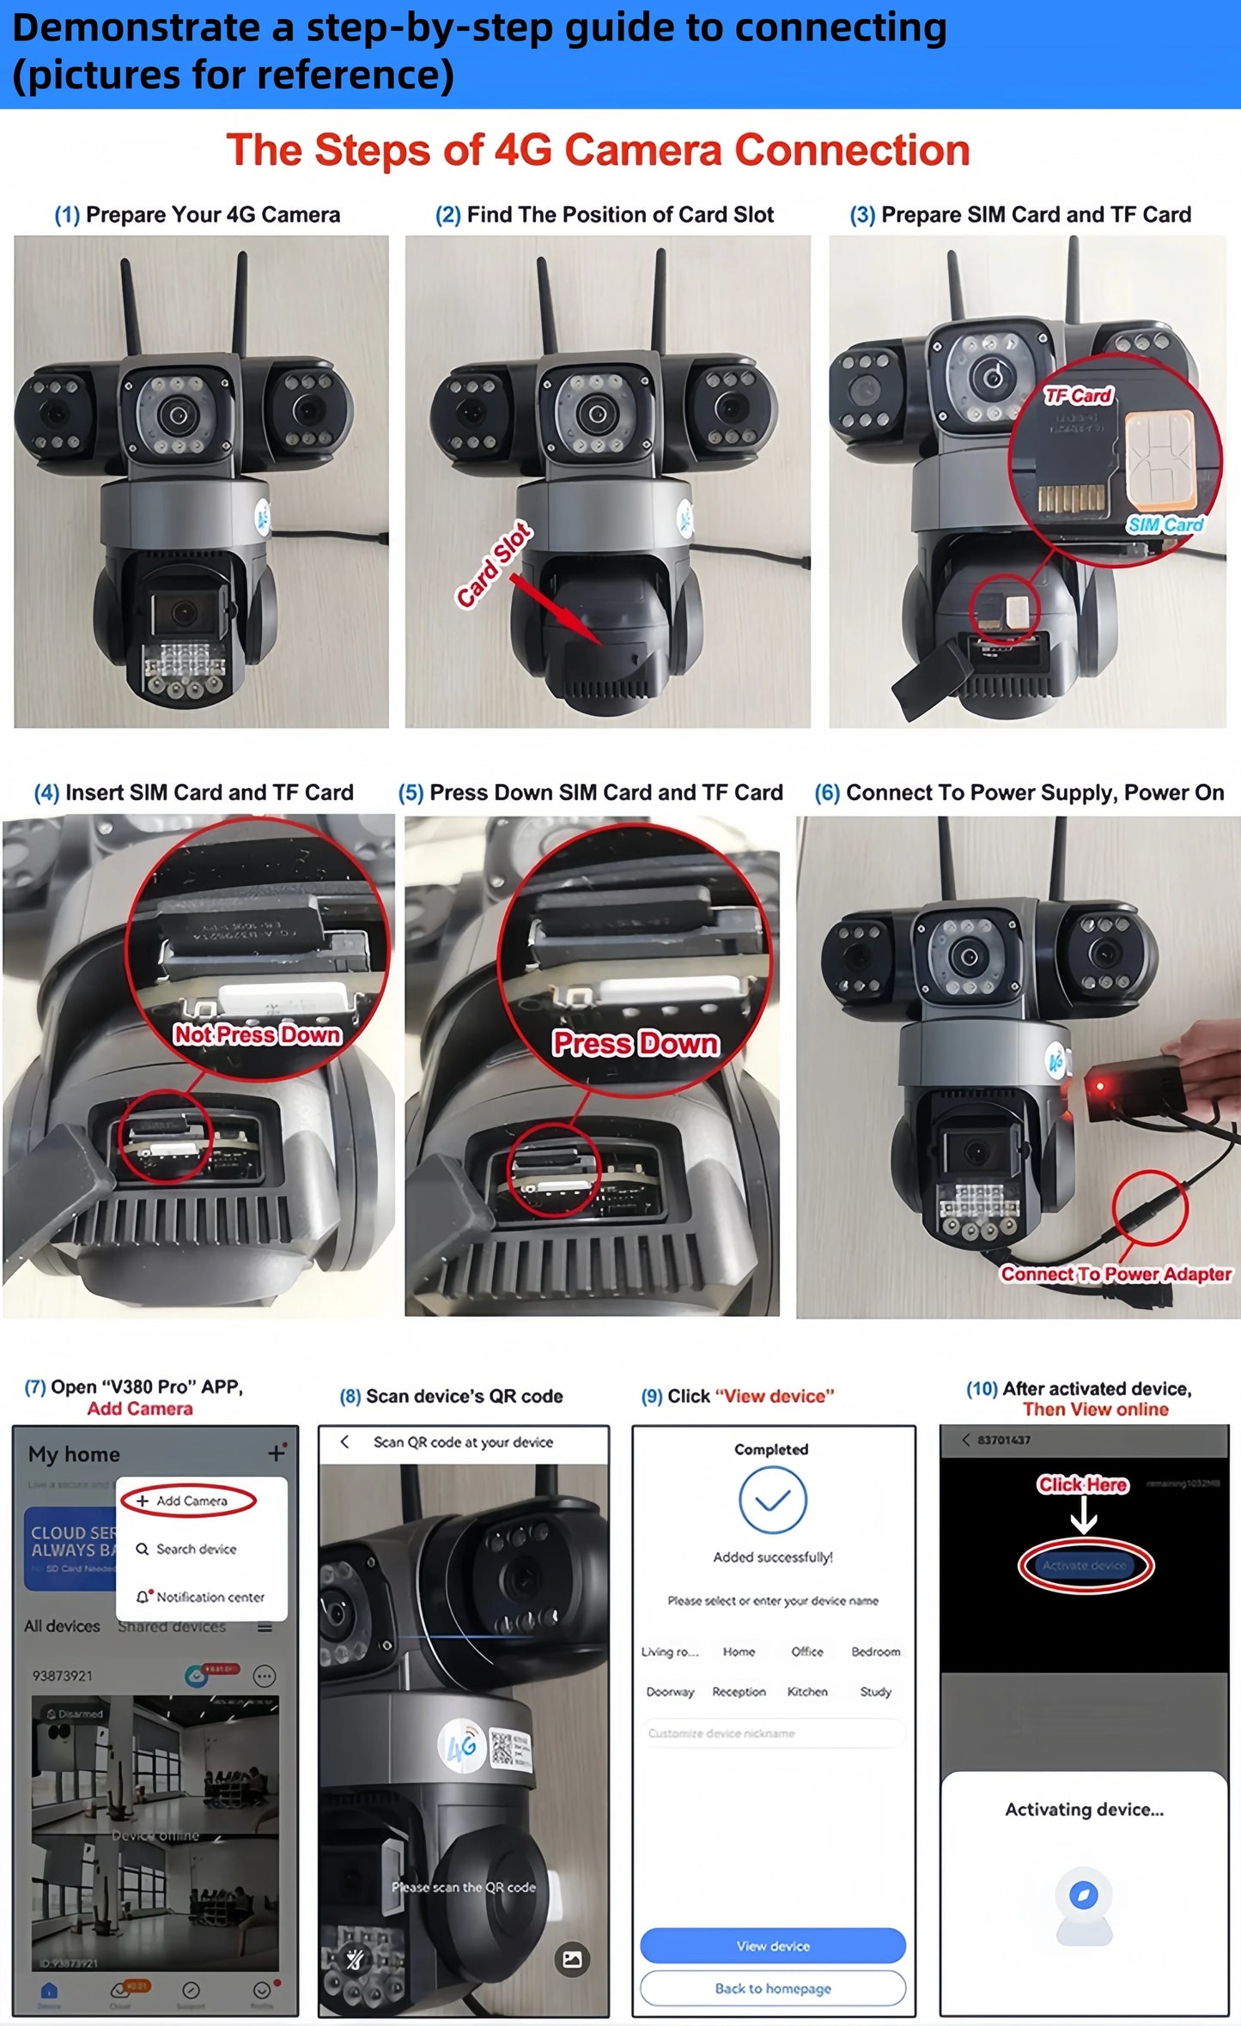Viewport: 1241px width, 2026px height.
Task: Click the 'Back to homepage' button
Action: (x=773, y=1988)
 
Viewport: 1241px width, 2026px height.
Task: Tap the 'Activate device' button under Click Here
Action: (x=1085, y=1566)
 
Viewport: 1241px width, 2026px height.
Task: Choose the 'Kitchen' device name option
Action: (x=807, y=1691)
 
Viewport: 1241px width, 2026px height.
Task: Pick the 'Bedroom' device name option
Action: (x=875, y=1652)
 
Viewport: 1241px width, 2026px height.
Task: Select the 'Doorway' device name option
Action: (x=670, y=1691)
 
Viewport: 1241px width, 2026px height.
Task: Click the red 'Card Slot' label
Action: (x=494, y=567)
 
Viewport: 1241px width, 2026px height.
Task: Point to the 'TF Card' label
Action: (x=1078, y=396)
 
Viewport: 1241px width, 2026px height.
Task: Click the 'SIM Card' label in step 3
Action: (x=1165, y=525)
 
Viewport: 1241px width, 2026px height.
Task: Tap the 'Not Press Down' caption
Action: (x=258, y=1034)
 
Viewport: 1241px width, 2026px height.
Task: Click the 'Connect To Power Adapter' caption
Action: (x=1116, y=1274)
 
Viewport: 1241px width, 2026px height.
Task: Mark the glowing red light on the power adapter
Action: (x=1100, y=1087)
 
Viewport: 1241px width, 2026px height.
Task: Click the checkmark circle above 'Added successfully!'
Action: (x=772, y=1500)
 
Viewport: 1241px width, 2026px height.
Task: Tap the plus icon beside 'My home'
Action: (x=276, y=1453)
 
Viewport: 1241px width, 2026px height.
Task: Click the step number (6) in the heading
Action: (x=827, y=792)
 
